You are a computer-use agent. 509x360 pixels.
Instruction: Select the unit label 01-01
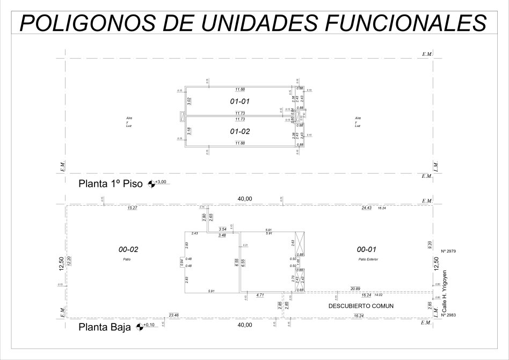click(240, 101)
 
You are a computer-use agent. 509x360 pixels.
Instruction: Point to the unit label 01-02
click(240, 131)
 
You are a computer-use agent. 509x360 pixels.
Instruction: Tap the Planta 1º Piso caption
click(111, 183)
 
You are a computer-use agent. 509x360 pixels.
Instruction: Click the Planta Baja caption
click(105, 326)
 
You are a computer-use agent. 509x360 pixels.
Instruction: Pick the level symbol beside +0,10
click(141, 326)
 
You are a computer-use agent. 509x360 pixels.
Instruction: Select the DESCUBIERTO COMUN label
click(360, 306)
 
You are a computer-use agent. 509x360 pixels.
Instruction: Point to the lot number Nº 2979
click(448, 251)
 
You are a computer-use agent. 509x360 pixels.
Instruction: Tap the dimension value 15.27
click(133, 207)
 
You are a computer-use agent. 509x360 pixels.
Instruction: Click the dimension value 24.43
click(367, 207)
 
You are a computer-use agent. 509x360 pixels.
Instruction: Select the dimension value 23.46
click(173, 314)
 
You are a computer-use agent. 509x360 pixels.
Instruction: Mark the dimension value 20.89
click(355, 289)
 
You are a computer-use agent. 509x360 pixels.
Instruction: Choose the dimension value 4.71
click(260, 295)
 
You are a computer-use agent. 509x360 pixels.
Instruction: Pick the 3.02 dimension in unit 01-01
click(188, 100)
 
